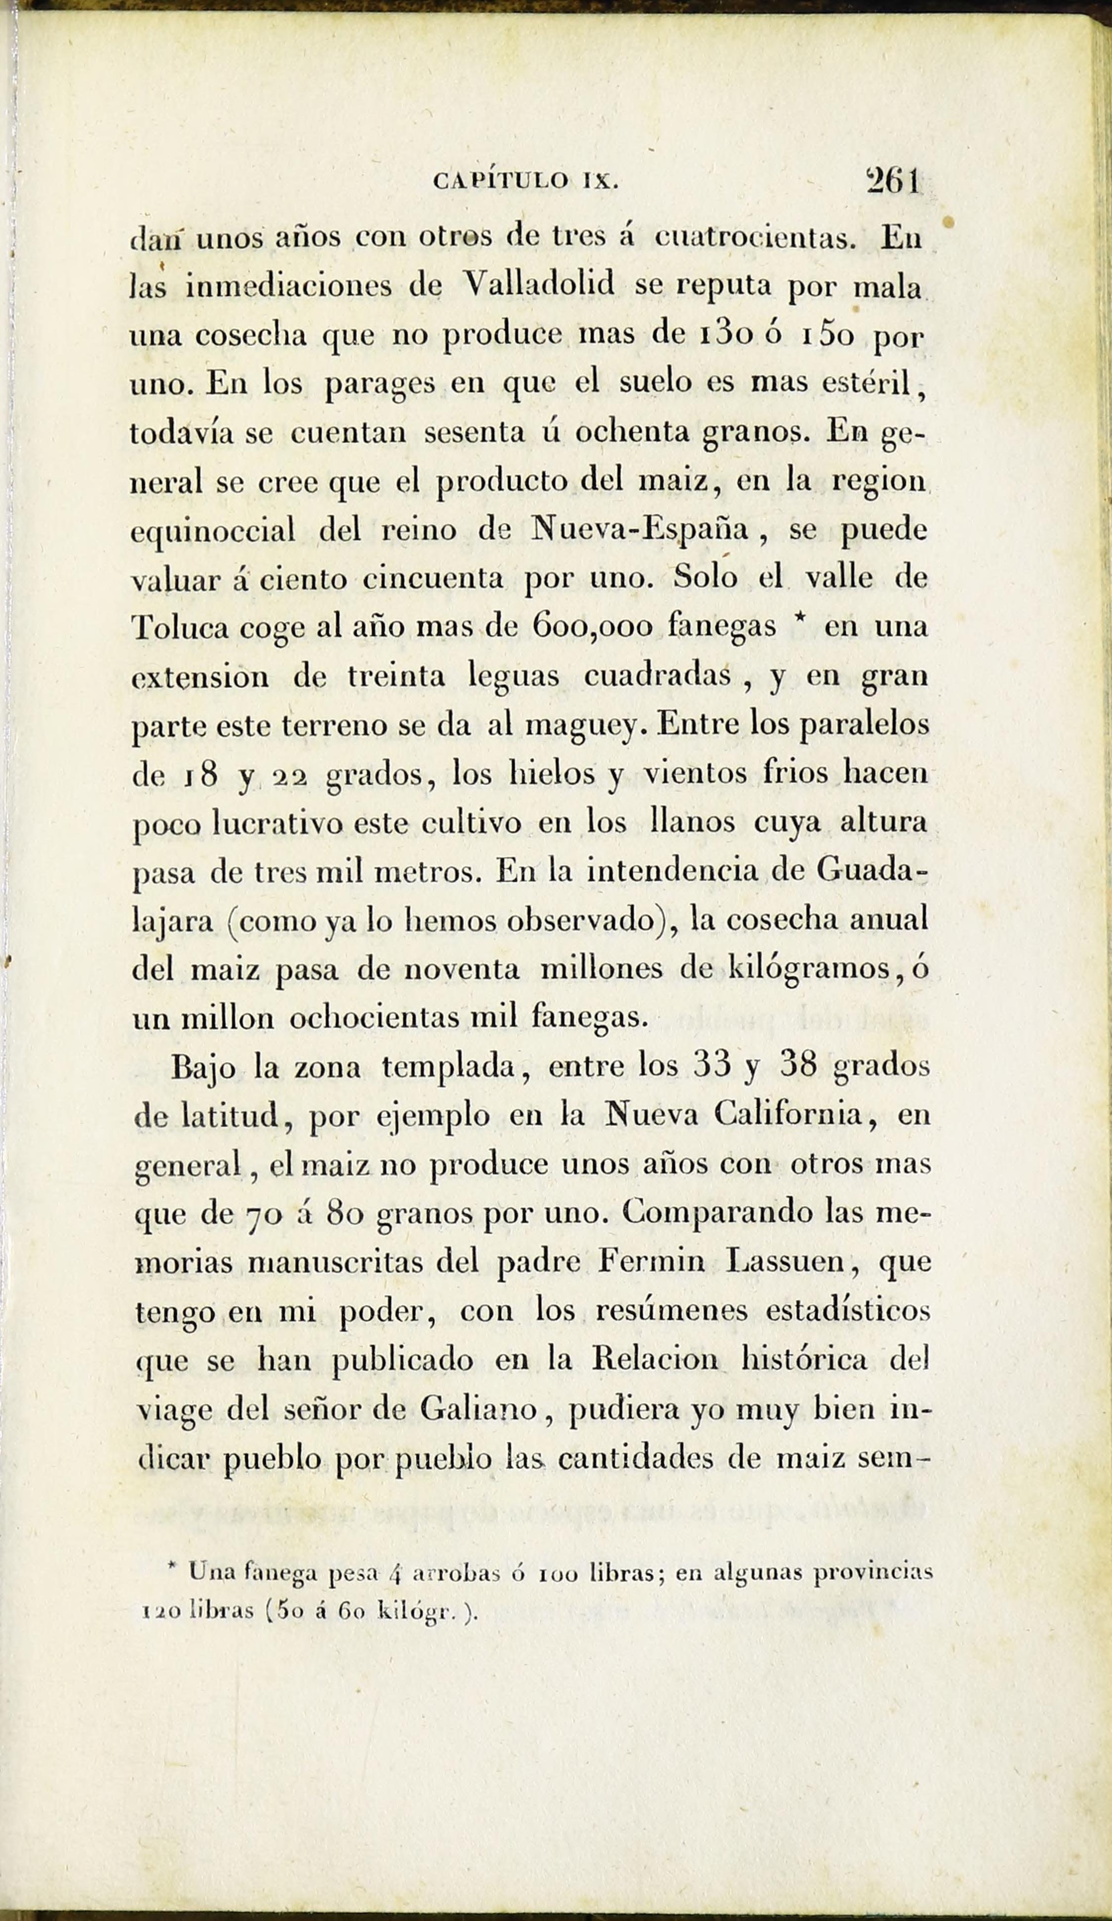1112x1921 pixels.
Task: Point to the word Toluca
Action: [x=179, y=628]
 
